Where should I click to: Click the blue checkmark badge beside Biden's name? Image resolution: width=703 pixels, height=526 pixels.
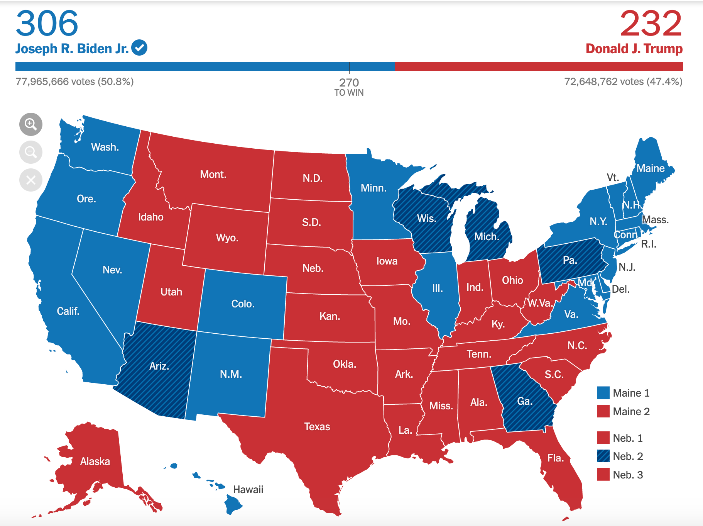(x=139, y=48)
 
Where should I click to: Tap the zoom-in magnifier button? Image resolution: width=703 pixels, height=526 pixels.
(x=31, y=124)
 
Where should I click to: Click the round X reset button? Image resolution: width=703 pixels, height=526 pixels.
(x=31, y=180)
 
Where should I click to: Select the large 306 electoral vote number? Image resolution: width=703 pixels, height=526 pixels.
(x=47, y=23)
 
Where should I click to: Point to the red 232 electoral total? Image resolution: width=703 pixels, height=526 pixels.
(x=651, y=23)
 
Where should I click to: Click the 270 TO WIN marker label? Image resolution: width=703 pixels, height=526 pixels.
(x=349, y=87)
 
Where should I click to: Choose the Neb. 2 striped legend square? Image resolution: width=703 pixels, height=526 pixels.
(x=603, y=456)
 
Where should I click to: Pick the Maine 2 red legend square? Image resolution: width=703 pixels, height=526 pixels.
(x=603, y=411)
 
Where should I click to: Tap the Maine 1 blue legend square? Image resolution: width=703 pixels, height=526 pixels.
(x=603, y=393)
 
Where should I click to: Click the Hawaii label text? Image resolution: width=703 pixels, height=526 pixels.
(x=248, y=490)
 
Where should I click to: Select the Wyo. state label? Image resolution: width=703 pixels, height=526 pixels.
(x=227, y=238)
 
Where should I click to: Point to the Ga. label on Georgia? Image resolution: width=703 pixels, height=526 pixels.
(x=525, y=401)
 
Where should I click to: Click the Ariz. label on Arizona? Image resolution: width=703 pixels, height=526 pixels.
(x=159, y=366)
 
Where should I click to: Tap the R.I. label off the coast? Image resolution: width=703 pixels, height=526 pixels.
(x=649, y=244)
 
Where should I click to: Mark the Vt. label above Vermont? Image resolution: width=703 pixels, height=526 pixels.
(x=613, y=178)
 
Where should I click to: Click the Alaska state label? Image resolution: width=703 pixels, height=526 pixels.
(x=95, y=462)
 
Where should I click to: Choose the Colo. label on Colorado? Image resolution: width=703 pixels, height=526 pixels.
(x=243, y=304)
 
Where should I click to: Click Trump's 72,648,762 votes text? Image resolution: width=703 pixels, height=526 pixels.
(x=623, y=81)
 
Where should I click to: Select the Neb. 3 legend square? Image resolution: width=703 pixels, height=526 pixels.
(x=603, y=475)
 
